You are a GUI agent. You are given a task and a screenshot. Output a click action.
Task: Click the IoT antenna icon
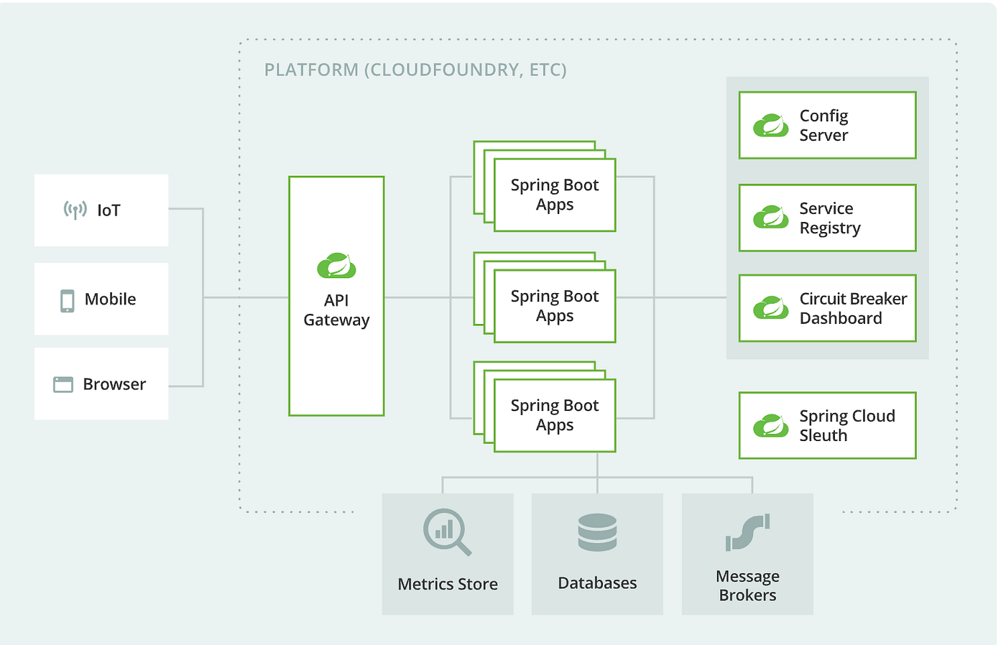tap(75, 210)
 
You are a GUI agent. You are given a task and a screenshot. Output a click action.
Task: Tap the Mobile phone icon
tap(67, 300)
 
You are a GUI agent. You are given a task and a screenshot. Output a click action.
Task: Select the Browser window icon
tap(63, 384)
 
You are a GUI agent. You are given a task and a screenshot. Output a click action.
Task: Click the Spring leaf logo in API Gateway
tap(336, 266)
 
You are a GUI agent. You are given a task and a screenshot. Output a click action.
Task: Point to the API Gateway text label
tap(336, 310)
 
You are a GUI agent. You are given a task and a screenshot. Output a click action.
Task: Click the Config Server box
tap(827, 125)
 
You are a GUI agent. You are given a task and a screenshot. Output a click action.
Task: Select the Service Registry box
tap(827, 218)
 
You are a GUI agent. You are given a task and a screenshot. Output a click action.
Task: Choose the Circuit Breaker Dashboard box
tap(827, 308)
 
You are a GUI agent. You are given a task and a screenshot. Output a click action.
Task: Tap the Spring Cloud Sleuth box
tap(827, 425)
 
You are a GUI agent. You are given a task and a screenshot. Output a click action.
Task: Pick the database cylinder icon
tap(597, 532)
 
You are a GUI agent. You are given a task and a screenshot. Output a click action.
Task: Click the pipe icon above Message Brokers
tap(747, 532)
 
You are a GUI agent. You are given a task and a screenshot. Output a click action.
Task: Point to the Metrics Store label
tap(448, 584)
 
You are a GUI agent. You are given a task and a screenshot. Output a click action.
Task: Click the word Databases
tap(597, 583)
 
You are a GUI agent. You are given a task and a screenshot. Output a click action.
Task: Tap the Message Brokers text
tap(747, 585)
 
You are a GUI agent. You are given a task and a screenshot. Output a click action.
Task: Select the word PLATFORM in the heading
tap(311, 70)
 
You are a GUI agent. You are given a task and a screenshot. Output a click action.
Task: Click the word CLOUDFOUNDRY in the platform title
tap(446, 70)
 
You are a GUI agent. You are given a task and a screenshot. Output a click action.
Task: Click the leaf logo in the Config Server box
tap(770, 126)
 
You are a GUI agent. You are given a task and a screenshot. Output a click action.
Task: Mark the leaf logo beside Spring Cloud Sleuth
tap(770, 426)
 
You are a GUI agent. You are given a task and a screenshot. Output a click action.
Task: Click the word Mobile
tap(110, 300)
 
